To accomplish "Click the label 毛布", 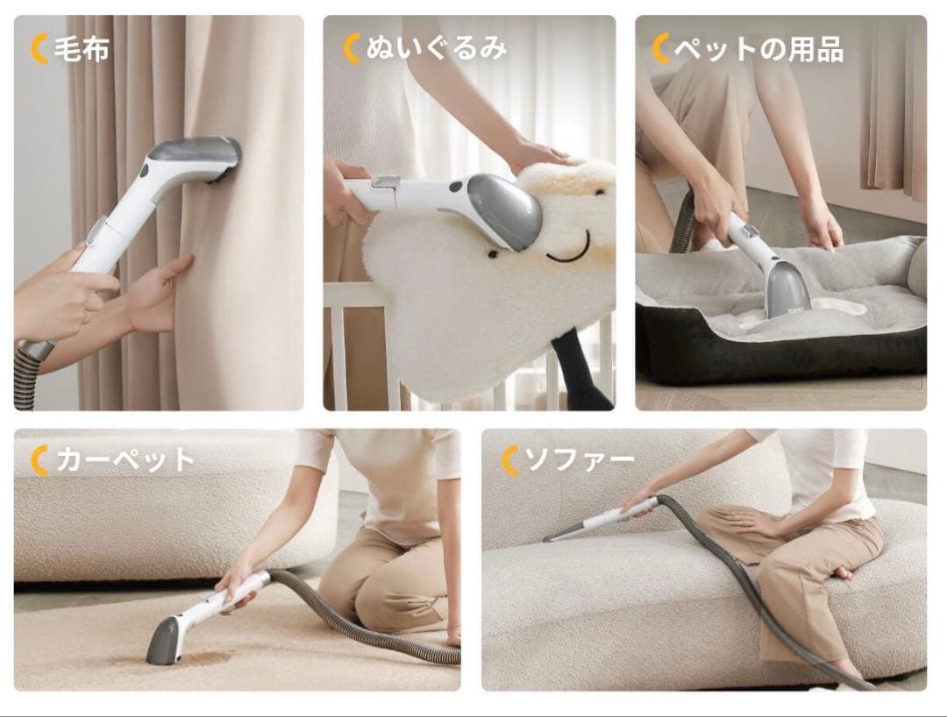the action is (82, 49).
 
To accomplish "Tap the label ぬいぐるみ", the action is (436, 49).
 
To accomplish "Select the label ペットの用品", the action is (758, 49).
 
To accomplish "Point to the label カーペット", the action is (125, 460).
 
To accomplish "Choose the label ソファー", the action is (580, 460).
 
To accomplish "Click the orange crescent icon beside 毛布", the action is (39, 49).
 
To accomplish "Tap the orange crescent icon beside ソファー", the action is (510, 460).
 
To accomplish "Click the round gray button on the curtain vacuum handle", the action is (144, 170).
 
